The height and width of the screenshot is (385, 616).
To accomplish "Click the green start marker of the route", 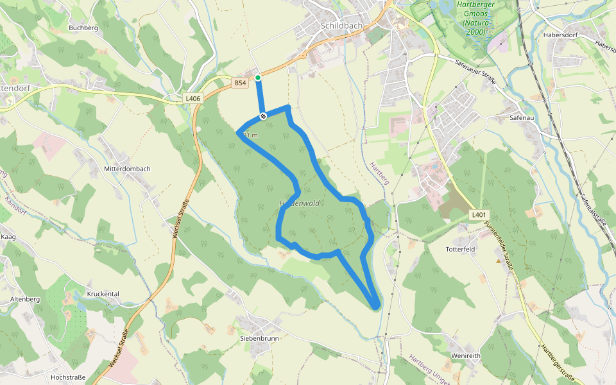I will click(258, 78).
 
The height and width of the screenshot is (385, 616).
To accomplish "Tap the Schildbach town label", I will click(340, 26).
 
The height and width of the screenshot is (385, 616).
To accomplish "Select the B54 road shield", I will click(240, 83).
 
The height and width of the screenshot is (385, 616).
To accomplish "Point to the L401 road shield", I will click(478, 214).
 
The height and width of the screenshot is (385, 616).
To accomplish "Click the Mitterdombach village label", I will click(127, 169).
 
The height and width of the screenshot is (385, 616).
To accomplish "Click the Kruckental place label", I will click(102, 294).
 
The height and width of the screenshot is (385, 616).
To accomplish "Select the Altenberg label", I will click(25, 300).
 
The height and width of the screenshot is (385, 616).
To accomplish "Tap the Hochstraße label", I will click(67, 377).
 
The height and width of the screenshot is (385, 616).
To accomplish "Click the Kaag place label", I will click(8, 237).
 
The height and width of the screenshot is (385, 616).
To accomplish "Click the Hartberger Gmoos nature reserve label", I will click(473, 18).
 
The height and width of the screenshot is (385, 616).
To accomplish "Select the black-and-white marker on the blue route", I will click(263, 116).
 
